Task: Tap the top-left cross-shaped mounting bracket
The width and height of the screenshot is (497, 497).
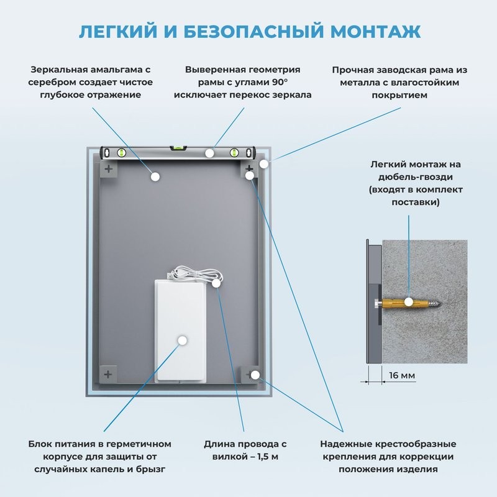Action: click(x=109, y=169)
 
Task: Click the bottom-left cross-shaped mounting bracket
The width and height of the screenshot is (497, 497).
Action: click(x=109, y=374)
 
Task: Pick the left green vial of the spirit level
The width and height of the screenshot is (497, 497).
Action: click(x=121, y=151)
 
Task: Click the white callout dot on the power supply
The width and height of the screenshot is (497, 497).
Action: click(x=183, y=340)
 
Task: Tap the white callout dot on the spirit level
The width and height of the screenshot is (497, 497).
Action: click(x=211, y=152)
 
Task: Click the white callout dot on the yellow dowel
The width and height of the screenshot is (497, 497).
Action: click(x=409, y=303)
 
